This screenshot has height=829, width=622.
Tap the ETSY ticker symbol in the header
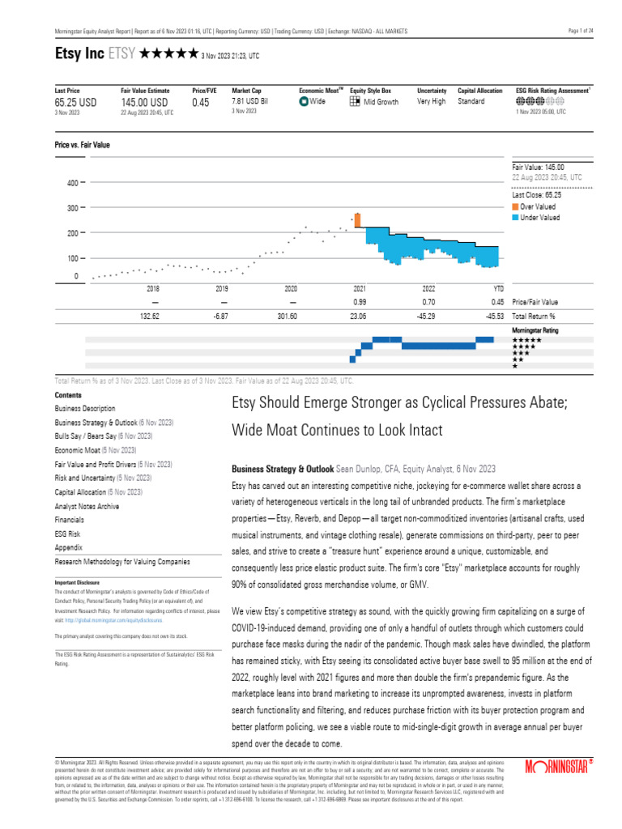point(122,55)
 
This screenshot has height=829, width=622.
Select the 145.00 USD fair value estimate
point(144,103)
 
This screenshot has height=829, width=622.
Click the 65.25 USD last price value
point(75,103)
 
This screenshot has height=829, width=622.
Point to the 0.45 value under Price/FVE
point(200,103)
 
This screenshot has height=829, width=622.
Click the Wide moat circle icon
point(304,102)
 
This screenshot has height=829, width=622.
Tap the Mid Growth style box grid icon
point(355,102)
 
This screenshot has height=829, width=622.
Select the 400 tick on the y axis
point(72,183)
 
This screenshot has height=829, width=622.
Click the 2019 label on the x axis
point(221,288)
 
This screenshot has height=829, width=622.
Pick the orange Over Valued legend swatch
point(516,206)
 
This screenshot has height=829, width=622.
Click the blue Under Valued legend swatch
point(516,217)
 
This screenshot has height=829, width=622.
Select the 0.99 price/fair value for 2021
point(360,302)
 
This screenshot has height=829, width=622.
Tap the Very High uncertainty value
point(431,101)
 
